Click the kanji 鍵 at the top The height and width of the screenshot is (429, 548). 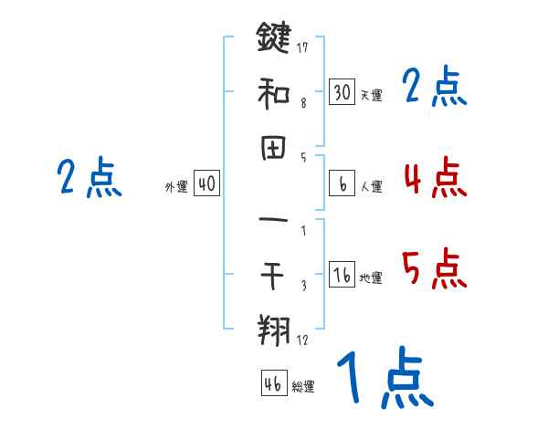[x=273, y=38]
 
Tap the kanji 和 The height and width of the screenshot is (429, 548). [x=273, y=92]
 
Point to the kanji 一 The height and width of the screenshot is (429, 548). [x=273, y=220]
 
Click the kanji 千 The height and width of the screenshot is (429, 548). [x=273, y=274]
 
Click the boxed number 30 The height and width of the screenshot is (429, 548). [x=342, y=92]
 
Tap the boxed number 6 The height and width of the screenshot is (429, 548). [x=342, y=184]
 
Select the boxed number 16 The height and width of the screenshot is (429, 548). [x=342, y=275]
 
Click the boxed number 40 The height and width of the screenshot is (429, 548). [x=206, y=184]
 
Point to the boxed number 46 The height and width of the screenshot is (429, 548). [x=273, y=383]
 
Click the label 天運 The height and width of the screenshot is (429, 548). [x=372, y=95]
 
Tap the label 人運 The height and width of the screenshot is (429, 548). [x=372, y=187]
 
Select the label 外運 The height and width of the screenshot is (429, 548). [x=176, y=187]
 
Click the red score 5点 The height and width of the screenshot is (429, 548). [x=435, y=268]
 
